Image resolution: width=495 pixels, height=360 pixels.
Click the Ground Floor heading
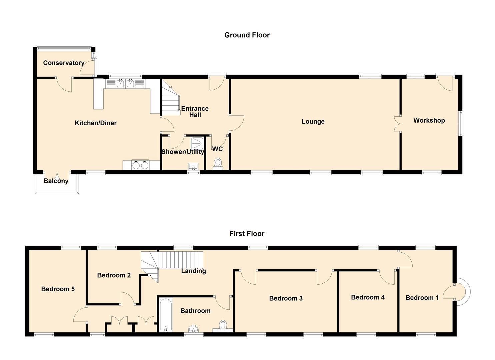point(247,35)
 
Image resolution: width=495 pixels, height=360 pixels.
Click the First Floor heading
point(247,234)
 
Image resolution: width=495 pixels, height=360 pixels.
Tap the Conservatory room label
point(64,63)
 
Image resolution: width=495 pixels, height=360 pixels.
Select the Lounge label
point(313,122)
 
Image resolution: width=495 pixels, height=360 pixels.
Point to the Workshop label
point(429,120)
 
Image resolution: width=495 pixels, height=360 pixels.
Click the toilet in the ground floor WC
point(218,164)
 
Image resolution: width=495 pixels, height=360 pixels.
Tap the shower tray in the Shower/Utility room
point(197,144)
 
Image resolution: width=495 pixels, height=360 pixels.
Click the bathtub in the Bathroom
point(166,315)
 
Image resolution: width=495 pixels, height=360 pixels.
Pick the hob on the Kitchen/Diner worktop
point(140,165)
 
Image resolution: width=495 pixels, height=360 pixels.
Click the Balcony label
point(56,181)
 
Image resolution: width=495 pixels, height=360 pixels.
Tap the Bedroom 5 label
point(58,289)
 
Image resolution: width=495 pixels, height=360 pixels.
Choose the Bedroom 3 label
point(286,298)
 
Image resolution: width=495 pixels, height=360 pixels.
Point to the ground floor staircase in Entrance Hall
point(171,98)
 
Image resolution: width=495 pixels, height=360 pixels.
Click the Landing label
point(194,271)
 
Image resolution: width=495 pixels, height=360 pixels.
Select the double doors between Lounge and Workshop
point(398,124)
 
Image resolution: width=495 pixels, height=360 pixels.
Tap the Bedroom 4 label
point(368,297)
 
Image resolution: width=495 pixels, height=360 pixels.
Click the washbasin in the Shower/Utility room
point(193,166)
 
